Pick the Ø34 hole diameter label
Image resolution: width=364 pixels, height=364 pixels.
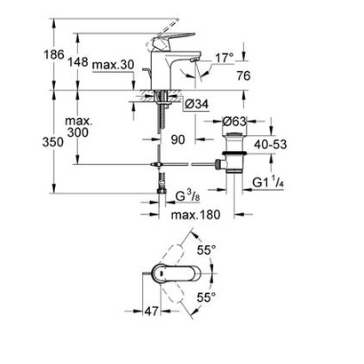(197, 105)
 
